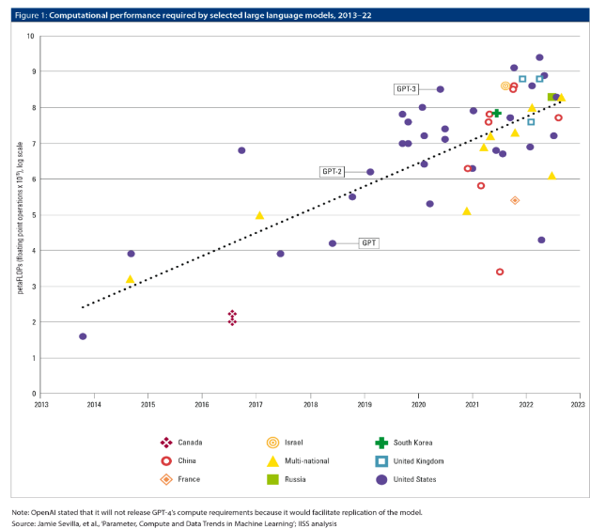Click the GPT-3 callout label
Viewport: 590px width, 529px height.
(x=407, y=88)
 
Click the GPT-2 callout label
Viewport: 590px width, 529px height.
(x=333, y=171)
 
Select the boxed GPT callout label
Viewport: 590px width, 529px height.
(x=369, y=242)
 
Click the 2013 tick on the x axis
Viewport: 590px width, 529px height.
(x=41, y=404)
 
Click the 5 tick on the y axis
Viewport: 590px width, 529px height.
(x=31, y=214)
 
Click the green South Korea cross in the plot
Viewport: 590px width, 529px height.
(x=497, y=113)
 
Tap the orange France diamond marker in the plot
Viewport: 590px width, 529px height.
(x=515, y=200)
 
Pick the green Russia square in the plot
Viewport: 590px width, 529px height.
(x=551, y=97)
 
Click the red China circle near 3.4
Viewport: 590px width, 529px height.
(x=500, y=272)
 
